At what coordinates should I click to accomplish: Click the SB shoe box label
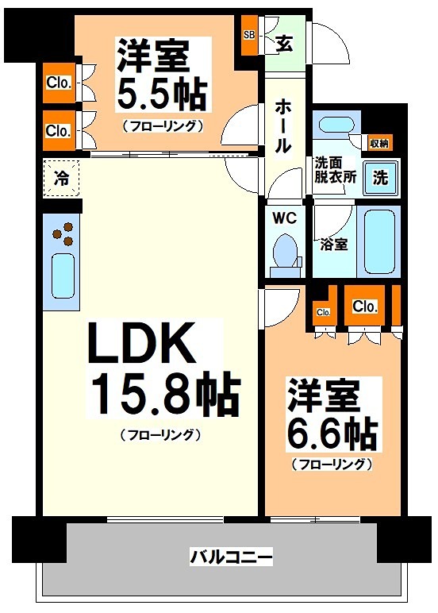tap(249, 35)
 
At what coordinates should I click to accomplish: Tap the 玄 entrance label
tap(284, 44)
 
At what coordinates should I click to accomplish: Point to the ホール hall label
tap(282, 125)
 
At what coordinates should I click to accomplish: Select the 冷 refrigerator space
tap(61, 179)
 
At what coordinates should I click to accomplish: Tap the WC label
tap(284, 218)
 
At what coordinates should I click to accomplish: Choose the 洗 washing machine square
tap(380, 178)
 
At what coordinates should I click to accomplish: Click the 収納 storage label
tap(379, 144)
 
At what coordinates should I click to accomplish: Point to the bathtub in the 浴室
tap(379, 242)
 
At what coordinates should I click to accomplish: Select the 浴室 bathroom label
tap(333, 245)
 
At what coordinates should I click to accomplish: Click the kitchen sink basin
tap(63, 276)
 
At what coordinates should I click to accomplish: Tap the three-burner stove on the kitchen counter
tap(63, 233)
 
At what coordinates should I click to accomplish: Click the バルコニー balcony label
tap(231, 557)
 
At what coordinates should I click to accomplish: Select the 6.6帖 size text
tap(332, 434)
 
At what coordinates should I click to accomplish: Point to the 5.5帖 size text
tap(162, 95)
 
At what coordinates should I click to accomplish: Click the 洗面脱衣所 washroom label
tap(336, 170)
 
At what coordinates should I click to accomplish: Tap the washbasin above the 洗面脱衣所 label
tap(336, 126)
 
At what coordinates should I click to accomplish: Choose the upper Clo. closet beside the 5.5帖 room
tap(59, 83)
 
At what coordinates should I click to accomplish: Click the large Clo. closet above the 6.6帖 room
tap(364, 306)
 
